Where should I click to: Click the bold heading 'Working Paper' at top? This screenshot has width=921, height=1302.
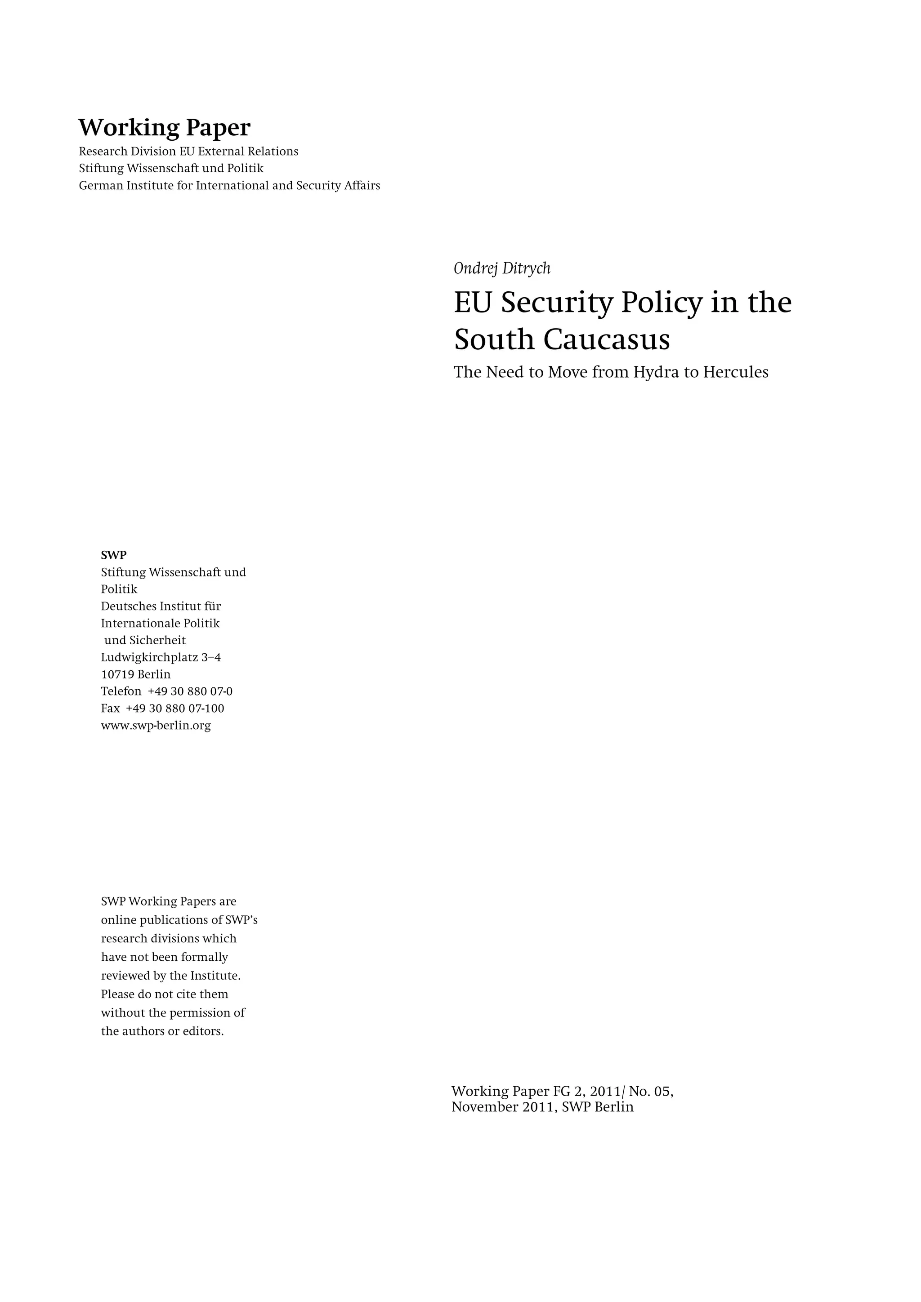click(x=164, y=128)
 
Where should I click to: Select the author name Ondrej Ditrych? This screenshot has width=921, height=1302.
click(x=502, y=268)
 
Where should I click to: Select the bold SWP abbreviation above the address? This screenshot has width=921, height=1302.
click(x=113, y=555)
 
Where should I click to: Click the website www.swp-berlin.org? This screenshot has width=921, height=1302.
click(x=156, y=725)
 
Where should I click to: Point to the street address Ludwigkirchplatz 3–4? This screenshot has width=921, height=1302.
click(x=161, y=657)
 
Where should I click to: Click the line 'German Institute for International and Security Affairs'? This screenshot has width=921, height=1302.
click(x=229, y=185)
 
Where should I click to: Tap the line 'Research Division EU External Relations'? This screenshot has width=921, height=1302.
click(x=188, y=152)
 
